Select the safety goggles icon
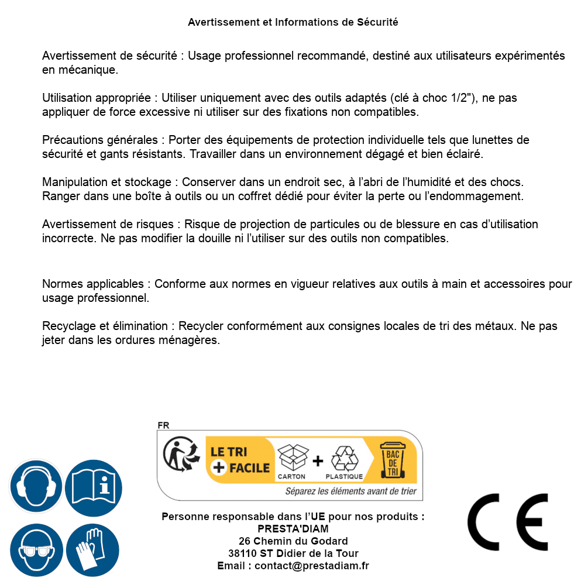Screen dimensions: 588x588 36,550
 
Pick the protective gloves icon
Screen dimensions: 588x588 93,550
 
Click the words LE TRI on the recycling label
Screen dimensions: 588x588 229,452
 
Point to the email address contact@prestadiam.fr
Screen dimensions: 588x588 312,566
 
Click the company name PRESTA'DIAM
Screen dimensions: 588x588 293,529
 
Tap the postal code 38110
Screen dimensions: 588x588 240,553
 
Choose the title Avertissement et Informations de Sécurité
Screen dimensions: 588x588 293,22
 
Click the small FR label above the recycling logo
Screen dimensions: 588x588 163,425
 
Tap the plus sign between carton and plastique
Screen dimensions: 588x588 318,461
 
